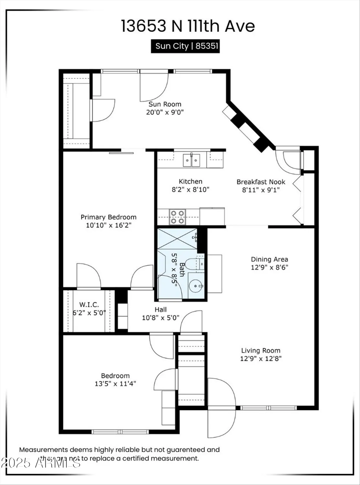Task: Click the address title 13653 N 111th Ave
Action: (188, 26)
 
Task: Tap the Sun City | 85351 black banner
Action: (185, 46)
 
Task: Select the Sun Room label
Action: (165, 104)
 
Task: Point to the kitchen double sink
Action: (191, 160)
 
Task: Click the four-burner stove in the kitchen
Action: (178, 217)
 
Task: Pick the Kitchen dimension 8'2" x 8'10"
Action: (191, 189)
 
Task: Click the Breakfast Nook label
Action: (261, 182)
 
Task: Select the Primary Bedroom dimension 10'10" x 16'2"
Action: (108, 225)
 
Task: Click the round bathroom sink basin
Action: (196, 286)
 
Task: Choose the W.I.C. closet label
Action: (89, 305)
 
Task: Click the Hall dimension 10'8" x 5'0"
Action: (160, 318)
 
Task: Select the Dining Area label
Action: (269, 259)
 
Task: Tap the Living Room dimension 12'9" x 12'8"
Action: (261, 358)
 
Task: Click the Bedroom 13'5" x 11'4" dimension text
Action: (115, 384)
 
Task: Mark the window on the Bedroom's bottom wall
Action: (120, 432)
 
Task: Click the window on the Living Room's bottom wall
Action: (268, 408)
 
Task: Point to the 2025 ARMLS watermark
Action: (41, 463)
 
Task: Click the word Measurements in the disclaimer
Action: (44, 449)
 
